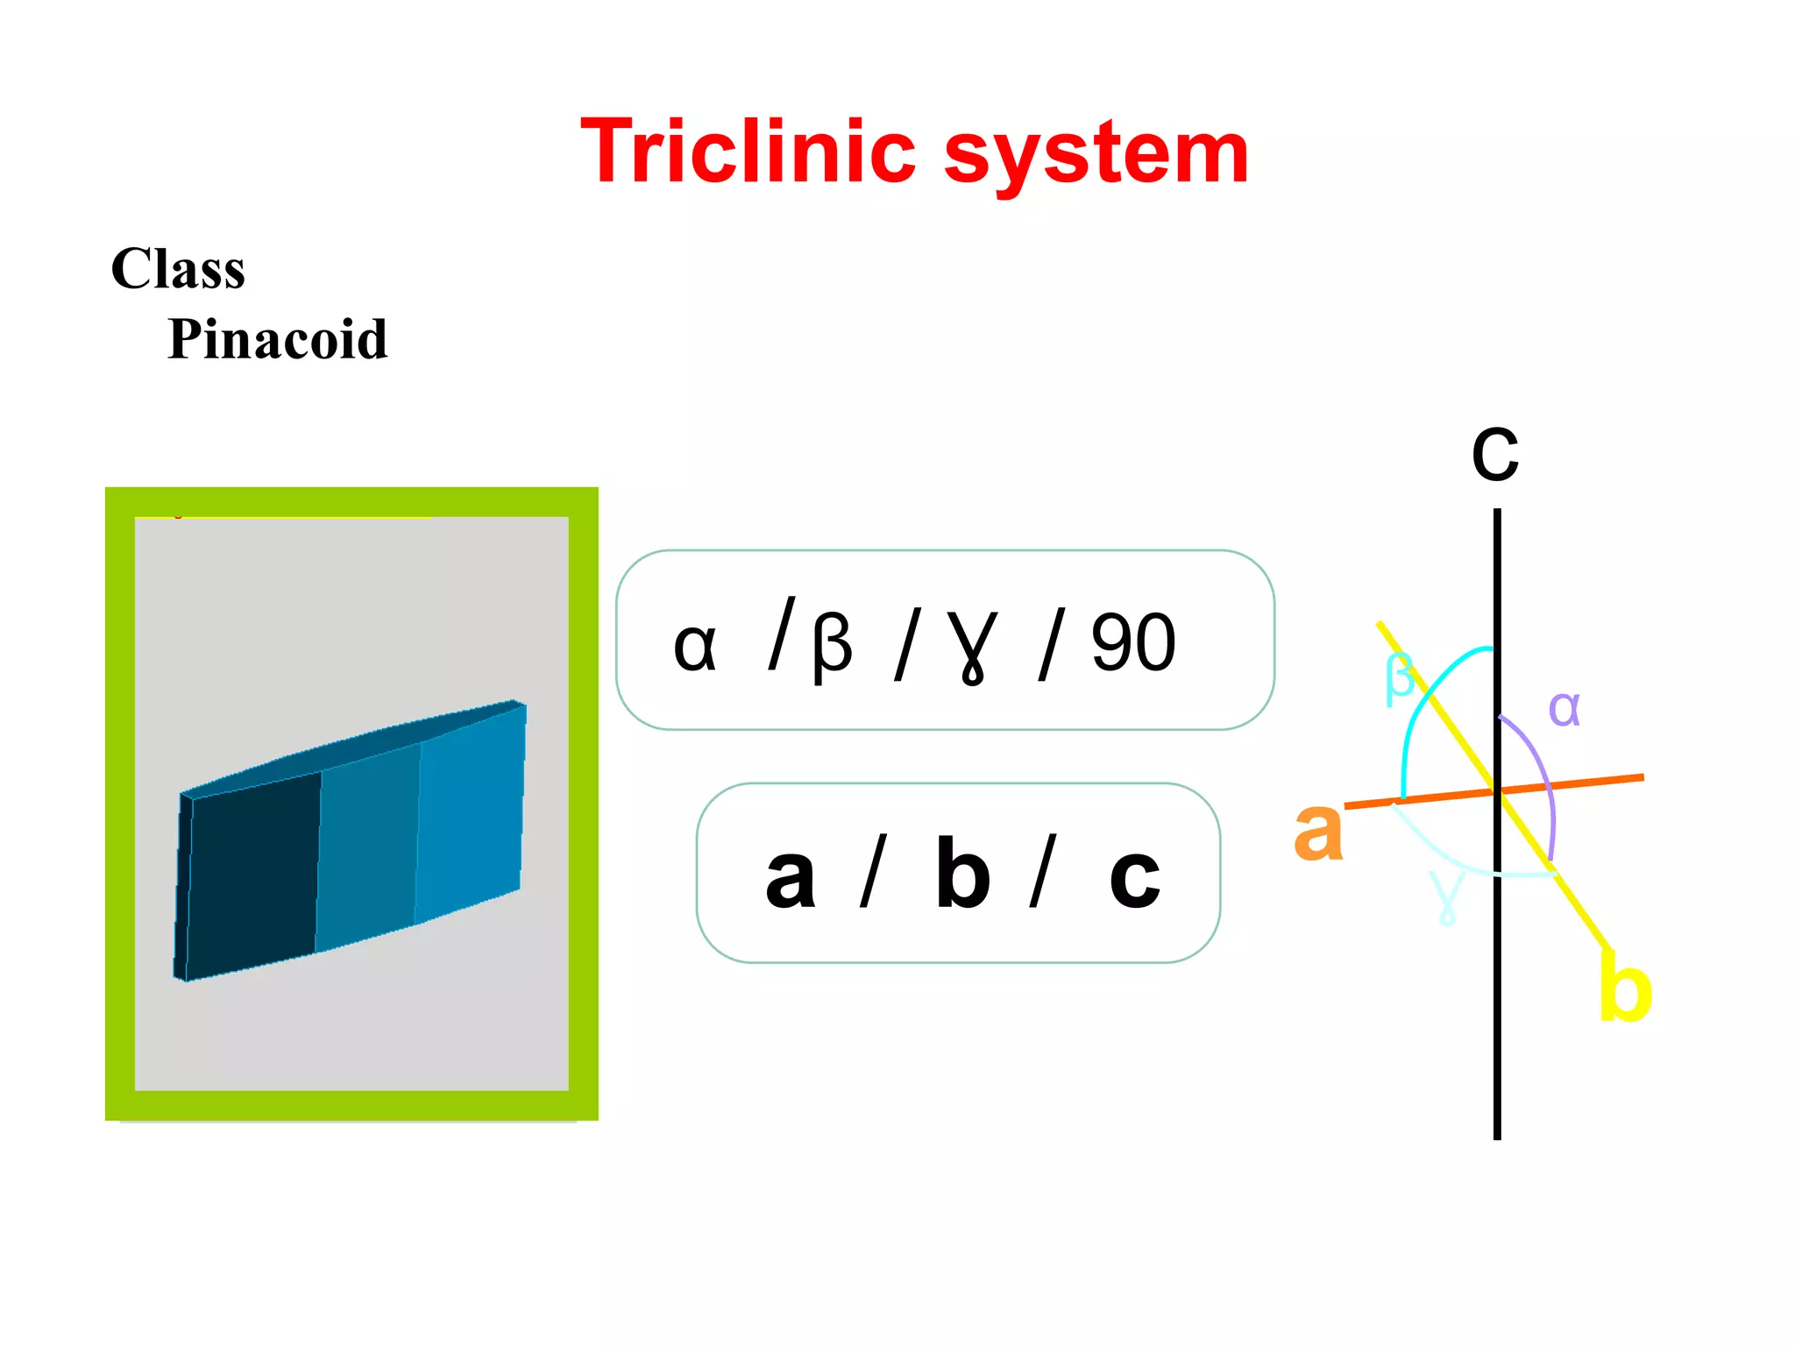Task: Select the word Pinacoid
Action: (x=277, y=339)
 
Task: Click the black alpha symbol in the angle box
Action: (x=695, y=647)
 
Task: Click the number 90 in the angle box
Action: (x=1132, y=643)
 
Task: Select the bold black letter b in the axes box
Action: (x=962, y=873)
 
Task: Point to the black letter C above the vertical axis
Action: (x=1495, y=455)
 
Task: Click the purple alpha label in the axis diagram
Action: (x=1564, y=708)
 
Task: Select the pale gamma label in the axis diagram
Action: (x=1446, y=896)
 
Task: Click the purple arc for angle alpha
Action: (x=1544, y=771)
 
